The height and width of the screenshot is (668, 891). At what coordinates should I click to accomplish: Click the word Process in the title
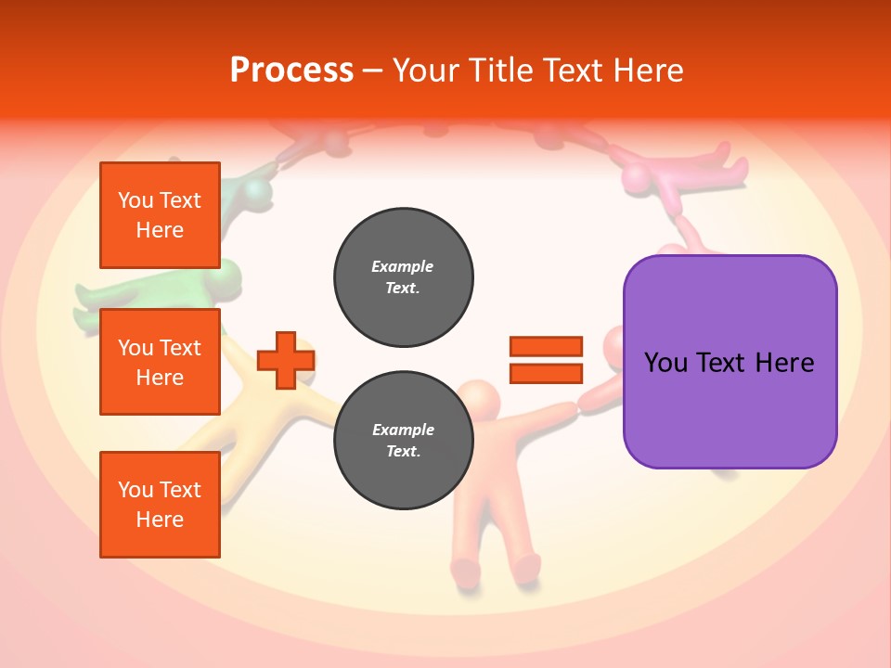pyautogui.click(x=291, y=70)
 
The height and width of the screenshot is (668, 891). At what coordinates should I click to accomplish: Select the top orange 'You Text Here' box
pyautogui.click(x=160, y=215)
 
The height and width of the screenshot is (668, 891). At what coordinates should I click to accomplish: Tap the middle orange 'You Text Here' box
pyautogui.click(x=160, y=362)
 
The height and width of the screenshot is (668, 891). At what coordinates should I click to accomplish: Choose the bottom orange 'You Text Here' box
pyautogui.click(x=160, y=505)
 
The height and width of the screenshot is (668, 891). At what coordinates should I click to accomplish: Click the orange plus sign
pyautogui.click(x=286, y=360)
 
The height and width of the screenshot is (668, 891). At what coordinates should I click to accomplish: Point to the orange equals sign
pyautogui.click(x=546, y=360)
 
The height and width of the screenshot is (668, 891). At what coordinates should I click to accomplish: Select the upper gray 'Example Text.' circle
pyautogui.click(x=403, y=277)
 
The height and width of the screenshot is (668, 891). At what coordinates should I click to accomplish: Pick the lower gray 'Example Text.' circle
pyautogui.click(x=403, y=441)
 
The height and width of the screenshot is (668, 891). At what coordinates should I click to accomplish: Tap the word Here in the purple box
pyautogui.click(x=784, y=363)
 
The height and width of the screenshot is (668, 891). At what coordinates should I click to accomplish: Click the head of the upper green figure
pyautogui.click(x=255, y=192)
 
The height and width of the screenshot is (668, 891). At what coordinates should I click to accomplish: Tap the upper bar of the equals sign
pyautogui.click(x=546, y=347)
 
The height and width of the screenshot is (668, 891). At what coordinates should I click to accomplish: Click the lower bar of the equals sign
pyautogui.click(x=546, y=373)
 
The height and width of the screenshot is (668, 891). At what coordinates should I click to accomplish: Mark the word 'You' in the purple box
pyautogui.click(x=665, y=363)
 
